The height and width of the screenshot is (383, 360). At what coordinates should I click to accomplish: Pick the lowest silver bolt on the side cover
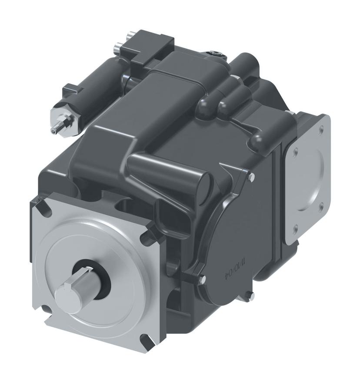coord(251,297)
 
